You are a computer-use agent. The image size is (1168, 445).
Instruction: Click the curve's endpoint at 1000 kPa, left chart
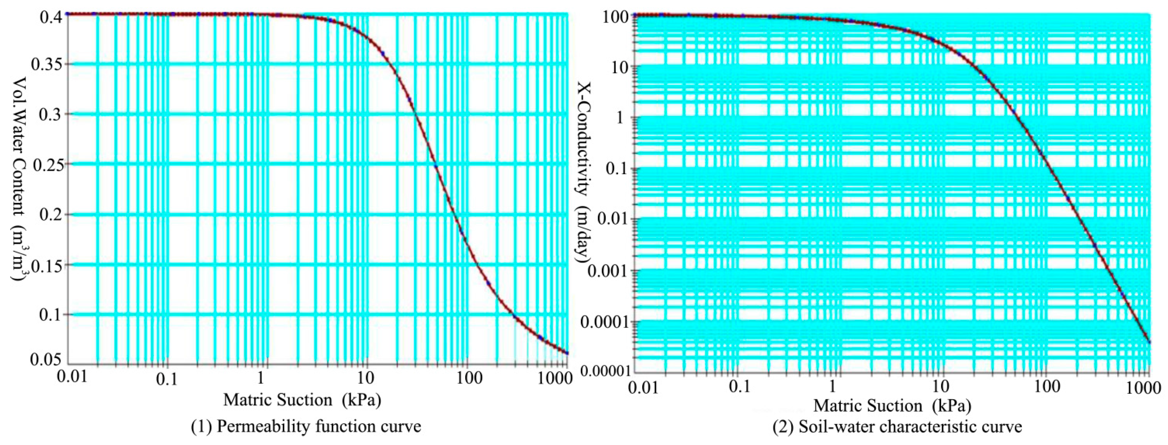point(567,353)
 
